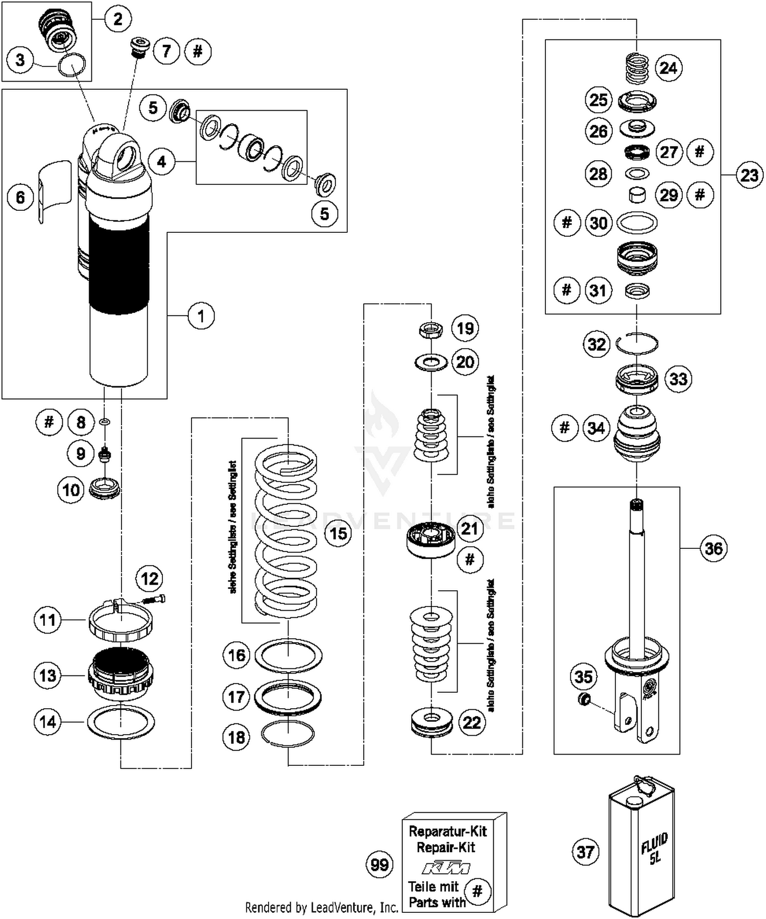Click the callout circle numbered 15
pos(339,534)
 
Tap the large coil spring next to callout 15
pos(286,531)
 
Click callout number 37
pos(585,852)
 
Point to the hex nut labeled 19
pos(432,329)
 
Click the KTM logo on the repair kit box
pos(446,867)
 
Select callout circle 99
pos(379,864)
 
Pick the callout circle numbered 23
pos(749,175)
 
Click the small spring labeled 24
pos(637,68)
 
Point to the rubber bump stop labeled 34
pos(636,434)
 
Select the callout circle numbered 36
pos(713,548)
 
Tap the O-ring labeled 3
pos(71,65)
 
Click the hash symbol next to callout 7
pos(198,51)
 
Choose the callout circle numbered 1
pos(201,316)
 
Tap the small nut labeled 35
pos(584,699)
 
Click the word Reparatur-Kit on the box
pos(448,831)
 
